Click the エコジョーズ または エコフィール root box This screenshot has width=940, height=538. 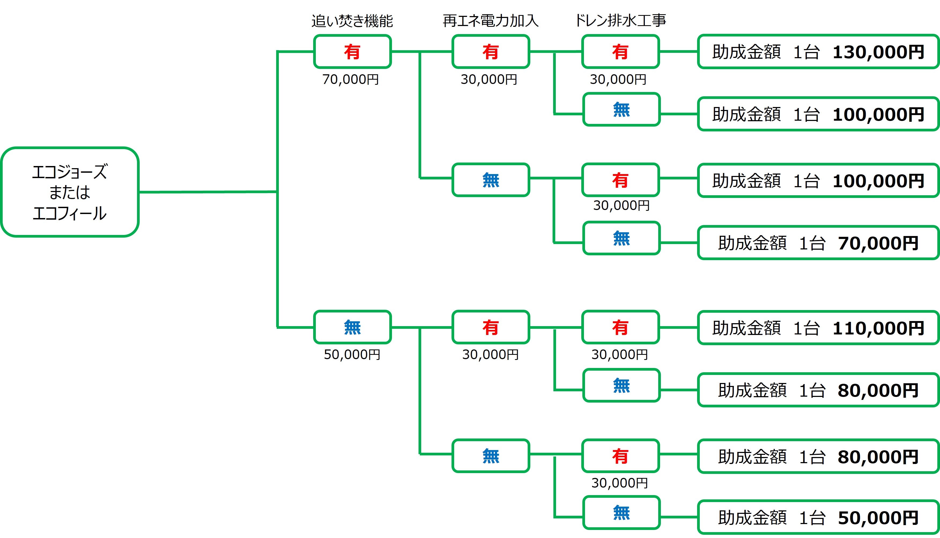(x=69, y=192)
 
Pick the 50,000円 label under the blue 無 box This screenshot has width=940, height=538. (x=352, y=355)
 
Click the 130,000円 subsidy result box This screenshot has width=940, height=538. (x=818, y=52)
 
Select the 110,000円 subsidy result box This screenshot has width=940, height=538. (x=818, y=328)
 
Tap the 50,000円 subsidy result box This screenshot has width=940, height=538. (x=818, y=517)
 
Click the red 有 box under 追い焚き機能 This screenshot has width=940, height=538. (x=352, y=52)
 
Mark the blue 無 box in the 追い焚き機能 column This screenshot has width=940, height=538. (x=352, y=327)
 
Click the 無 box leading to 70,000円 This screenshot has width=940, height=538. (x=621, y=238)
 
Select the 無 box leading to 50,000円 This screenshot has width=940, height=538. (x=621, y=513)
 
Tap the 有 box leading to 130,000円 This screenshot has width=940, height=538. (x=620, y=52)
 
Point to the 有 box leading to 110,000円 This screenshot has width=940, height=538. (x=620, y=327)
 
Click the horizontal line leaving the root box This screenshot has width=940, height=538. (x=207, y=192)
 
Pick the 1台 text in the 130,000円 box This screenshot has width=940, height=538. (x=806, y=52)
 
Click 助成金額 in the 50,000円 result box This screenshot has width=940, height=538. (x=752, y=518)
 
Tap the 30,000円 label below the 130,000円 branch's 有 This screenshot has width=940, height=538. (x=618, y=79)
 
